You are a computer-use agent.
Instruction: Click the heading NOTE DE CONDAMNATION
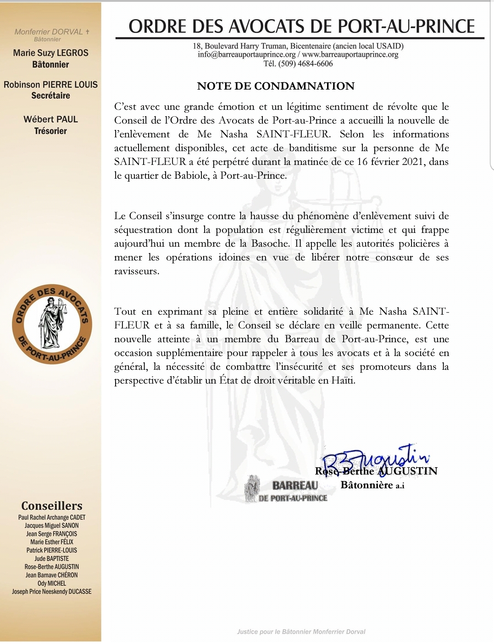point(276,86)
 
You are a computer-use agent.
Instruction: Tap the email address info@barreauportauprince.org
point(247,55)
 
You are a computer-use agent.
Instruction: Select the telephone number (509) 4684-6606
point(305,64)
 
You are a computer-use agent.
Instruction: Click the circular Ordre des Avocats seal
point(52,324)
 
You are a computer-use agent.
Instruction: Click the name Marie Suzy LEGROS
point(50,53)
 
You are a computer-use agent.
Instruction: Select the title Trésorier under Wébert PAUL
point(50,131)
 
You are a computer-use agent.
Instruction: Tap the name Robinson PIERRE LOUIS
point(50,85)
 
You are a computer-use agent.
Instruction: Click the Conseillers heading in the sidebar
point(52,506)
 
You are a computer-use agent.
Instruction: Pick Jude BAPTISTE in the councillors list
point(52,559)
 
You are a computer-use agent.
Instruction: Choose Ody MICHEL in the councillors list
point(52,583)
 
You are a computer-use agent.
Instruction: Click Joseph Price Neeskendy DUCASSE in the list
point(52,592)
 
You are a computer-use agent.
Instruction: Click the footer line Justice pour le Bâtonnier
point(301,632)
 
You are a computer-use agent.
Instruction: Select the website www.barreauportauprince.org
point(350,55)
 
